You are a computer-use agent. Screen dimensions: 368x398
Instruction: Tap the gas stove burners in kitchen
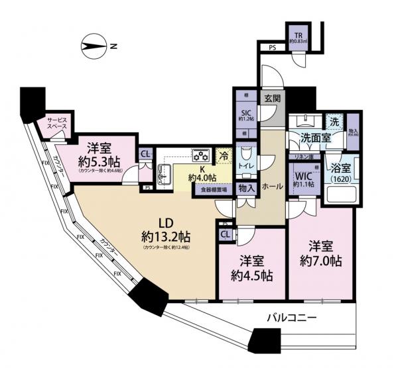click(201, 156)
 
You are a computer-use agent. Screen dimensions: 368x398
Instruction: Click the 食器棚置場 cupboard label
click(214, 189)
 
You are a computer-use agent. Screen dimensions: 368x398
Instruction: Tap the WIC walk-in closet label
click(304, 178)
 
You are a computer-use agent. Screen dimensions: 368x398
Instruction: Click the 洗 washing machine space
click(335, 122)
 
